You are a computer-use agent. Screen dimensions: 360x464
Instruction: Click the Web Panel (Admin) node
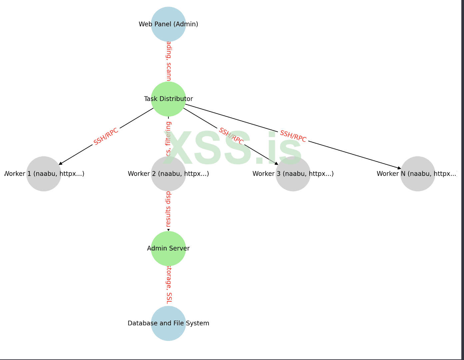[x=168, y=24]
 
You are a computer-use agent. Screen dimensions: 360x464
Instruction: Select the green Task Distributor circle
[x=168, y=99]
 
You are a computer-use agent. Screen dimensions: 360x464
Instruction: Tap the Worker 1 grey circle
[x=44, y=174]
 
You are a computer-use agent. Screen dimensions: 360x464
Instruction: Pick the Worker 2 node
[x=168, y=174]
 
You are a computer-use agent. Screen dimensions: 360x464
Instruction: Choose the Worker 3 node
[x=293, y=174]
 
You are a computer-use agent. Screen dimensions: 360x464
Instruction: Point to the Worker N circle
[x=418, y=174]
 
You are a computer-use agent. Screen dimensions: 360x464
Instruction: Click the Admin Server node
[x=168, y=248]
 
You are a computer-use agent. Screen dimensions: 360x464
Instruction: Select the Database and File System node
[x=168, y=323]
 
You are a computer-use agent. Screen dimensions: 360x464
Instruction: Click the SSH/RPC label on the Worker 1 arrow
[x=106, y=136]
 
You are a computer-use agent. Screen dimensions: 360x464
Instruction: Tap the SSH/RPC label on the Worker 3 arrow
[x=231, y=136]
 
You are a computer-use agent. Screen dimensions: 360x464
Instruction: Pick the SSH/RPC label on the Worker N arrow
[x=293, y=136]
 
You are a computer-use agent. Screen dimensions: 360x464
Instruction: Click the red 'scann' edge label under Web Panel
[x=169, y=61]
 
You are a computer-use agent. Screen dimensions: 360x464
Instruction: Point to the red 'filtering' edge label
[x=168, y=139]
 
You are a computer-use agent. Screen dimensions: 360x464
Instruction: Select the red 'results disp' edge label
[x=168, y=209]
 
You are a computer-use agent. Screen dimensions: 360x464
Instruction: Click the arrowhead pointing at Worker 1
[x=60, y=163]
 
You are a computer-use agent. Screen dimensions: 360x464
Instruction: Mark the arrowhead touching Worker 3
[x=276, y=163]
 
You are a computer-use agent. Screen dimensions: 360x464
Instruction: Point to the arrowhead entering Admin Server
[x=168, y=230]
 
